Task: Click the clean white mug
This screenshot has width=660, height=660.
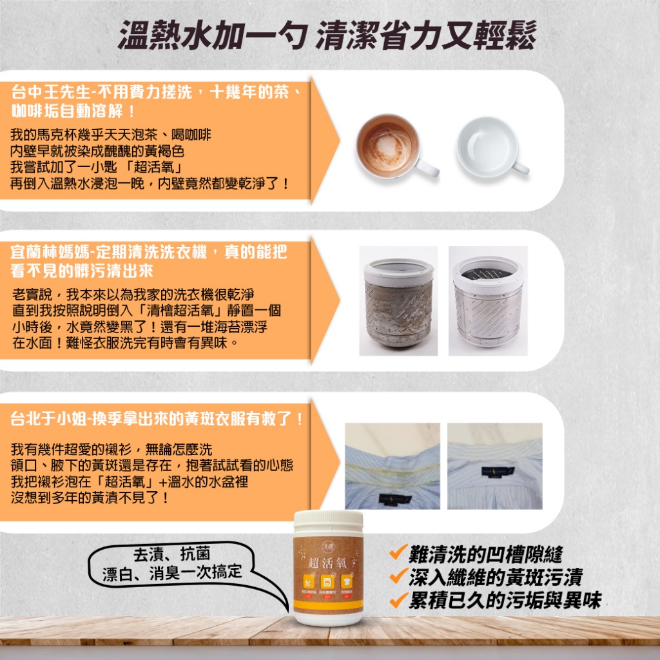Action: (x=487, y=146)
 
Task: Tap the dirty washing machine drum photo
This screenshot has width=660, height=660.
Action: (x=398, y=300)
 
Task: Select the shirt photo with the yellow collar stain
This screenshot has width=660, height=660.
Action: (x=392, y=466)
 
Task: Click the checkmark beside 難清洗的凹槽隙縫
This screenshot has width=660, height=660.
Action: (x=398, y=552)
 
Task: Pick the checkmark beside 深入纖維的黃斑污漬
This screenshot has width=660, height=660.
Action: (x=398, y=576)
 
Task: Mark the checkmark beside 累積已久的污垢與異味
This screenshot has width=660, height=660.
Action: (x=398, y=600)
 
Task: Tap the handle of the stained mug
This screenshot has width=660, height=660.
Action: (x=426, y=167)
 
